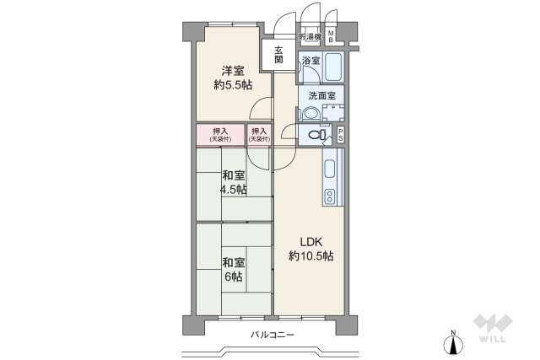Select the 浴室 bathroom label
[310, 60]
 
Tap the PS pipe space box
[340, 135]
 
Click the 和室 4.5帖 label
[235, 182]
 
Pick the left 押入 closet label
[220, 134]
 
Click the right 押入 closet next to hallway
[259, 134]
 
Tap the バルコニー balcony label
[273, 335]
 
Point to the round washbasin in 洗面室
[310, 114]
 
